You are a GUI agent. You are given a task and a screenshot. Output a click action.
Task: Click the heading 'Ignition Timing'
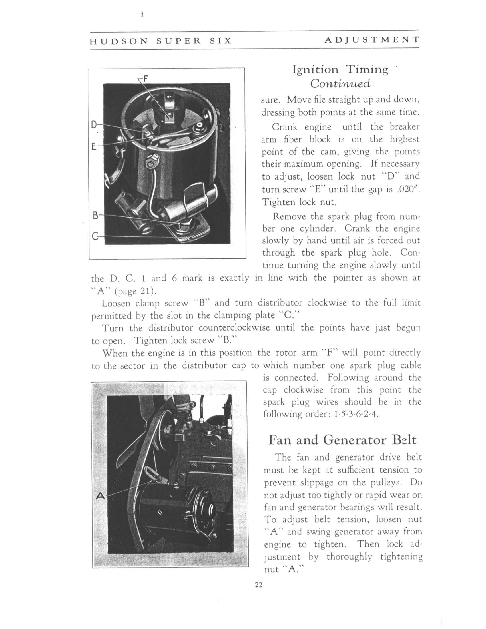point(340,70)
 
